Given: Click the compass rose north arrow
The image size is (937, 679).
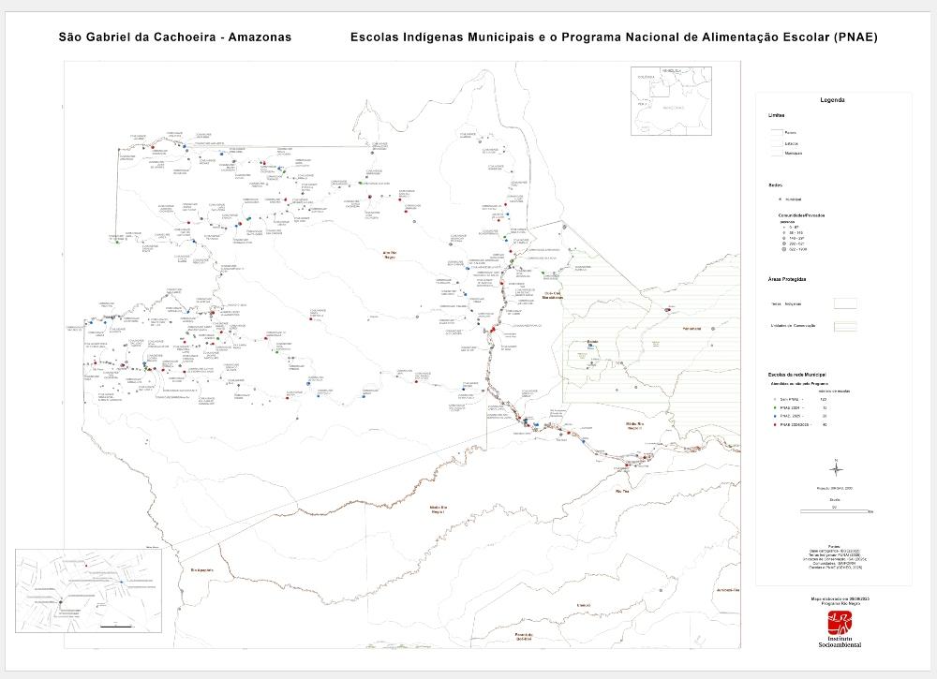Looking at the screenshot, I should click(838, 467).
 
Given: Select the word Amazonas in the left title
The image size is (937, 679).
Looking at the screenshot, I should click(254, 37).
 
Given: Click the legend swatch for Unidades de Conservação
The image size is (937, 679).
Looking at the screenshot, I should click(845, 326).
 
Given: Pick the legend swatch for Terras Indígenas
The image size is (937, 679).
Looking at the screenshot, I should click(845, 303).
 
